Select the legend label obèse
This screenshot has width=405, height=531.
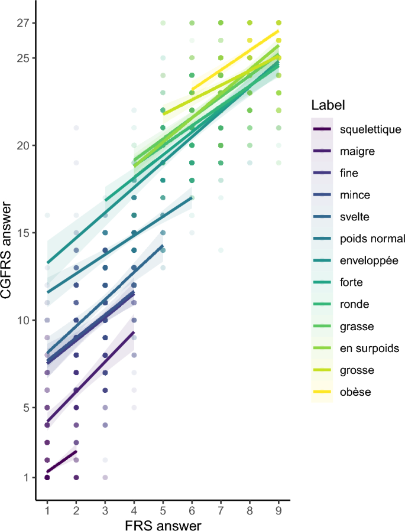tap(355, 392)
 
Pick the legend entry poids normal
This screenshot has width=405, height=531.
tap(372, 239)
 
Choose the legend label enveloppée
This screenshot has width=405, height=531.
tap(367, 260)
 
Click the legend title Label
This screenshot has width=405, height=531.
tap(329, 106)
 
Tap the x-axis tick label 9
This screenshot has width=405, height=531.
tap(278, 509)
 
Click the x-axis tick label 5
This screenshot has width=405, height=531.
tap(163, 509)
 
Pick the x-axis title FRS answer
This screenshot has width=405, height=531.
tap(163, 524)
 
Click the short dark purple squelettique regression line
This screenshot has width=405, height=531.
tap(61, 462)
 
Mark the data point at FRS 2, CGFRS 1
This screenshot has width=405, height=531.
tap(76, 477)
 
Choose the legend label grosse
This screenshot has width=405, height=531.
tap(357, 370)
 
